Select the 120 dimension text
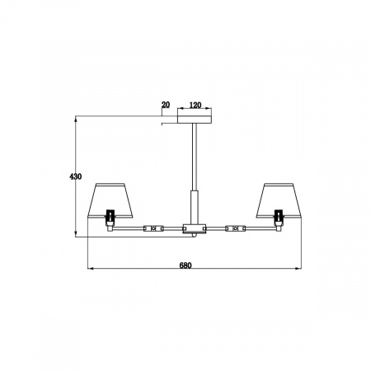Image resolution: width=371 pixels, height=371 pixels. point(195,106)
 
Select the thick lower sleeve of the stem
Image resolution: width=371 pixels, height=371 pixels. point(195,205)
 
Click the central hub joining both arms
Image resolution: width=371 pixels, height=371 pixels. point(195,228)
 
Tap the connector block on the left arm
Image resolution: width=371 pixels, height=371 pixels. point(152,228)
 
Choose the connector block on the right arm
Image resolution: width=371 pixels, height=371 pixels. point(237,228)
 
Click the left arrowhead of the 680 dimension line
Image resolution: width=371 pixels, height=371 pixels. point(90,270)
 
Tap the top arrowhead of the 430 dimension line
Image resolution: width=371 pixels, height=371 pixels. point(76,118)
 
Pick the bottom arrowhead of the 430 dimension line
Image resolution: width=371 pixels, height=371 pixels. point(76,237)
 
